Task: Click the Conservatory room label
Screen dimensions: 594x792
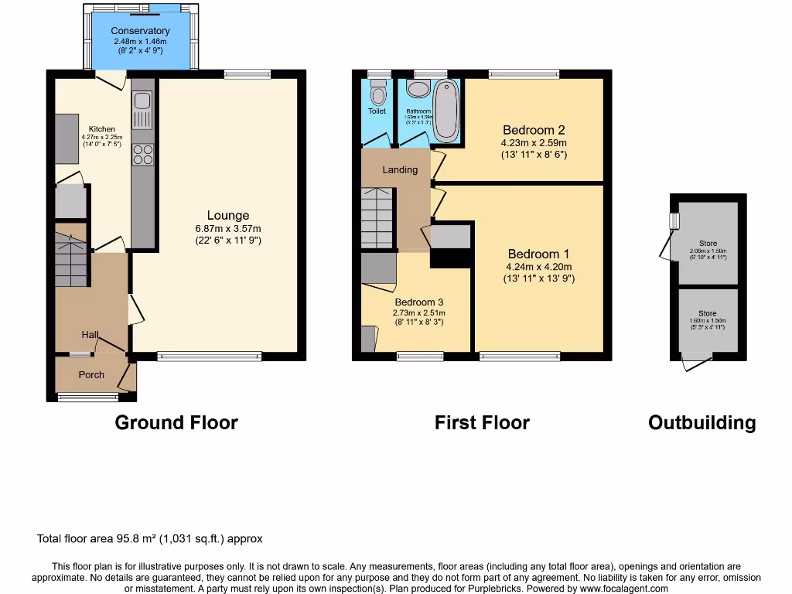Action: click(140, 31)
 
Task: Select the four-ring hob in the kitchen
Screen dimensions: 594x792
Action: click(143, 155)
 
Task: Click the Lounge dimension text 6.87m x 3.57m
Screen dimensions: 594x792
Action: click(227, 228)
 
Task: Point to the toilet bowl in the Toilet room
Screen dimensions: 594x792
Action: click(377, 95)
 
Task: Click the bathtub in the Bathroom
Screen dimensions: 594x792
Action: click(445, 111)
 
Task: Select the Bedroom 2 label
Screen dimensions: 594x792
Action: click(534, 130)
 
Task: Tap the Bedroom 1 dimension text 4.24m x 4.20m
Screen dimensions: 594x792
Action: click(538, 267)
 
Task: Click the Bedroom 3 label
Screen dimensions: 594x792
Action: click(418, 302)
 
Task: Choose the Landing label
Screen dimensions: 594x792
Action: click(400, 169)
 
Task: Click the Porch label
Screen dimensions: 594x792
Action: click(91, 375)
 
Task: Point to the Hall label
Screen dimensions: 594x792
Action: click(90, 335)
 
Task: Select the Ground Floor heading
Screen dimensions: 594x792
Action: click(176, 422)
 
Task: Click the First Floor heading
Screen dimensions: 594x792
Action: click(482, 422)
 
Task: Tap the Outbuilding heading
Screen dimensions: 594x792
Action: click(702, 422)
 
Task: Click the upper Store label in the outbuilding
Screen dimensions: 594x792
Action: click(708, 243)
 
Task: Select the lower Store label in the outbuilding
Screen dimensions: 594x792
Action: click(708, 313)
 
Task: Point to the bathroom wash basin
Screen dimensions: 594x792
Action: click(418, 90)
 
